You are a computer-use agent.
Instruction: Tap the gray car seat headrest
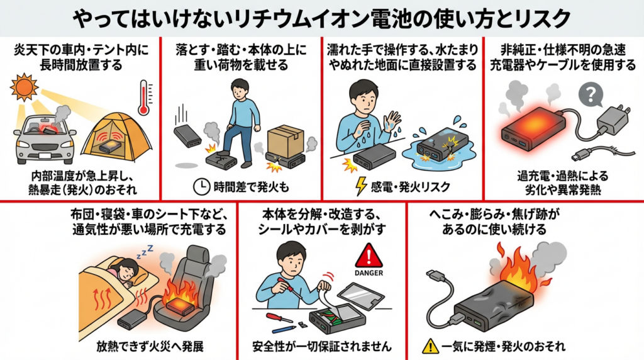click(x=198, y=256)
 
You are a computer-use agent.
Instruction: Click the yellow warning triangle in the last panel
click(x=430, y=346)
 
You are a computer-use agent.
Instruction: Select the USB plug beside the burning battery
click(x=436, y=276)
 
